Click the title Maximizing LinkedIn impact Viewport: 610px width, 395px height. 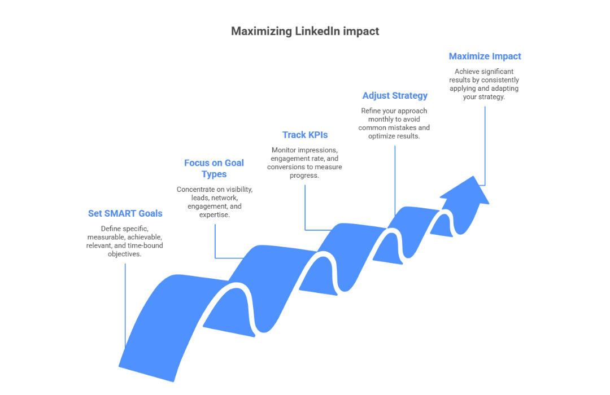[x=305, y=31]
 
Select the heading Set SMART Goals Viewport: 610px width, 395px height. [x=125, y=213]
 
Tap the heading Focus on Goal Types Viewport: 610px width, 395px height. [x=214, y=168]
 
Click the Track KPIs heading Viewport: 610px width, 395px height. [x=305, y=135]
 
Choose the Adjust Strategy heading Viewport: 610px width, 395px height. [x=395, y=95]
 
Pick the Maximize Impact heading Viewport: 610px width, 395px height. [x=485, y=56]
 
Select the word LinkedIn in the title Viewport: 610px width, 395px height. [x=317, y=31]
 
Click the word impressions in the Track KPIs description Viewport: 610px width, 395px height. [x=319, y=150]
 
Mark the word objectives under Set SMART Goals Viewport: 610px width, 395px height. [x=124, y=254]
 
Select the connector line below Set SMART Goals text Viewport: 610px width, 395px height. [x=125, y=305]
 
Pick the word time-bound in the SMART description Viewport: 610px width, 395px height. [x=145, y=245]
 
